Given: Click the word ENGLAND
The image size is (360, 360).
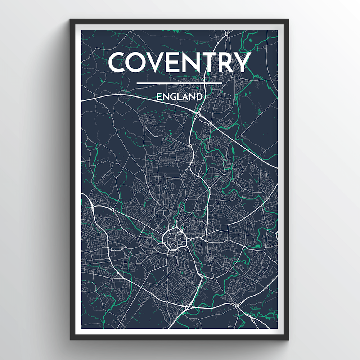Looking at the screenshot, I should [x=179, y=96].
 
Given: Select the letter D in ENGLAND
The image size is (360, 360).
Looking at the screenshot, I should [x=198, y=96].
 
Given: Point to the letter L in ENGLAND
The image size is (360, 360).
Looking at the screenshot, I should [x=178, y=96].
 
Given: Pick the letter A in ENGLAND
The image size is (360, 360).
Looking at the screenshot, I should [x=184, y=96].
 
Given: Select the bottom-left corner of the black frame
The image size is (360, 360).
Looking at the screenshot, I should [x=71, y=339].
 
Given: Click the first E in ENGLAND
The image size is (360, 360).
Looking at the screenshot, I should [x=159, y=96].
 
